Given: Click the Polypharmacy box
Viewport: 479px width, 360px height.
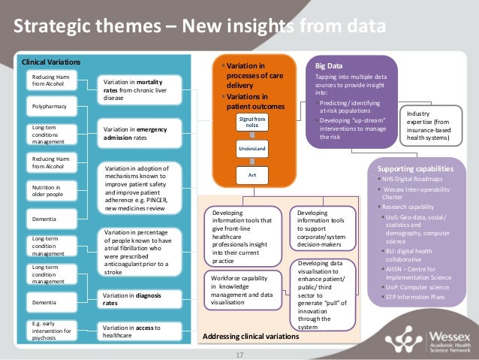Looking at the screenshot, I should pos(50,107).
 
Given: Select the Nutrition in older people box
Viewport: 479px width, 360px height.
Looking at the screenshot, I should pos(50,190).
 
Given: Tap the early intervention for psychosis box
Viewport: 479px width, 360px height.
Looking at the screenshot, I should pos(50,329).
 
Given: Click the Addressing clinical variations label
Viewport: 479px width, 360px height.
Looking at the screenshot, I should pos(251,337).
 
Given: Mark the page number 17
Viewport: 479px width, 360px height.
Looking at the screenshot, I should pos(240,354).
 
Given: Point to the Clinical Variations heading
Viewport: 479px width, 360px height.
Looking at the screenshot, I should pos(46,62).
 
